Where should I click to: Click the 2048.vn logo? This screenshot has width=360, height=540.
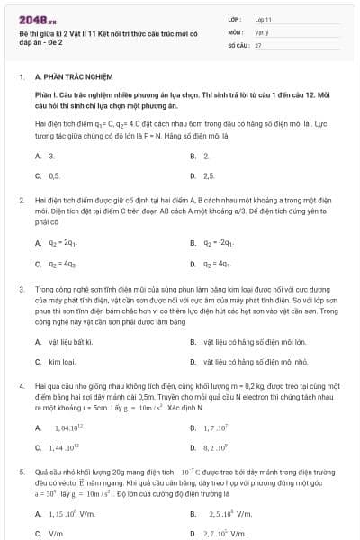coord(32,19)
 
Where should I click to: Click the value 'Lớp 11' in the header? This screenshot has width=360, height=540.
coord(264,18)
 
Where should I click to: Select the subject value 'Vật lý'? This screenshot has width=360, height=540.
coord(260,31)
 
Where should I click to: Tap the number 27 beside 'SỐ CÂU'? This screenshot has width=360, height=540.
coord(258,44)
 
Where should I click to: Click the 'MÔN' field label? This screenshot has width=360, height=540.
coord(236,31)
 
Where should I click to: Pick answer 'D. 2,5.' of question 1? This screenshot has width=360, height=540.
coord(209,175)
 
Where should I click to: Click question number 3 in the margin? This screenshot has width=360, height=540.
coord(21,290)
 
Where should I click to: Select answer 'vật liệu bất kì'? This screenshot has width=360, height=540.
coord(71,342)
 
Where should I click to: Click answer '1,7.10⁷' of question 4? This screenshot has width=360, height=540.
coord(220,427)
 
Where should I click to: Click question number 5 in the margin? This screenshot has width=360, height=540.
coord(21,471)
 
